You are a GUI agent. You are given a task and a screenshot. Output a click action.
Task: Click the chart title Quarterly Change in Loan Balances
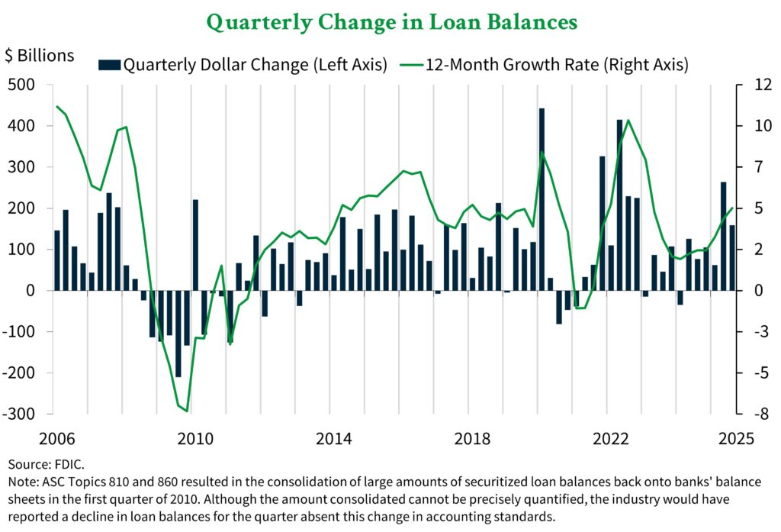[x=390, y=22]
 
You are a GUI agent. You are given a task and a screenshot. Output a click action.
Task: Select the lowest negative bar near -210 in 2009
[x=178, y=334]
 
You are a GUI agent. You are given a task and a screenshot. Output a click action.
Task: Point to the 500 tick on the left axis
[x=23, y=85]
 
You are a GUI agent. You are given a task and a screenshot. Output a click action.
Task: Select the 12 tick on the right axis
[x=754, y=85]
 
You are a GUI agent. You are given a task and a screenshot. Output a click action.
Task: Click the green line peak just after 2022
[x=628, y=121]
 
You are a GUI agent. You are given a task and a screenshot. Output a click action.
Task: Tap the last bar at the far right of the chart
[x=733, y=257]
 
